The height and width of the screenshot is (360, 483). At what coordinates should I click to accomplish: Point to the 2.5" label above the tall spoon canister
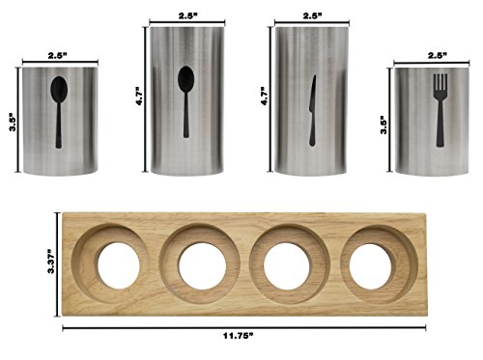187,14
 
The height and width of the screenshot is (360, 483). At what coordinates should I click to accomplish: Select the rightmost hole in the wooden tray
373,263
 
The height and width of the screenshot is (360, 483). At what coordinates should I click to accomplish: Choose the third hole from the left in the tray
288,263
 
